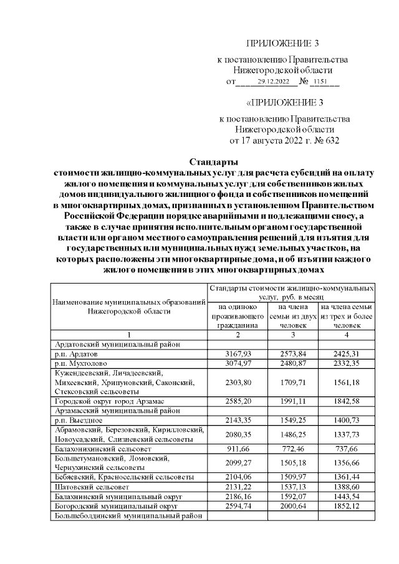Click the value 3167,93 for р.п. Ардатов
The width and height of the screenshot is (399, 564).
click(x=237, y=353)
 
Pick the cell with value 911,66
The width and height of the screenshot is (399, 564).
click(x=237, y=447)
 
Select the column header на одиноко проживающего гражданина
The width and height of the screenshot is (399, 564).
click(x=237, y=316)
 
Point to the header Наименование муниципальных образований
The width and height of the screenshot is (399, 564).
click(x=129, y=301)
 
